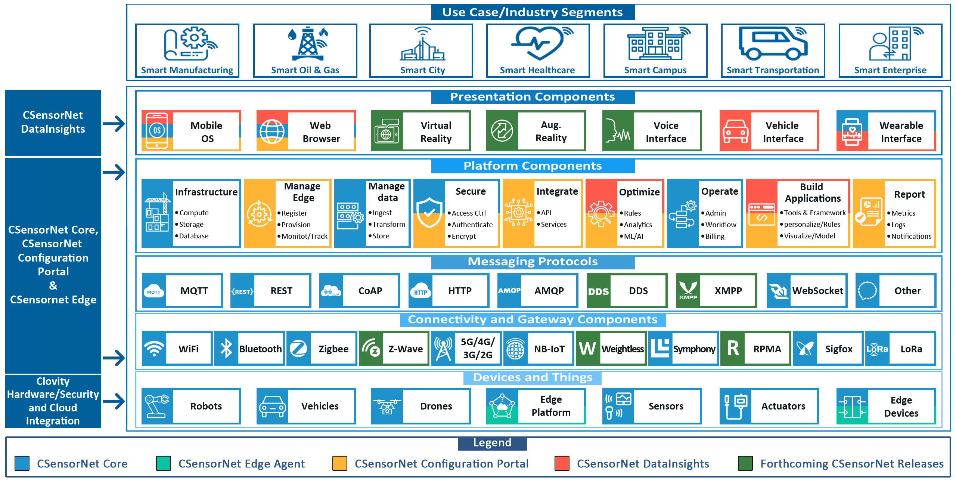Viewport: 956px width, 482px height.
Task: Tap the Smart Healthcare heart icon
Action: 538,43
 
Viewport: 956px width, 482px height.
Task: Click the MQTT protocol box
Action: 182,291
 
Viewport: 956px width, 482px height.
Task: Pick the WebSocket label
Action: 818,291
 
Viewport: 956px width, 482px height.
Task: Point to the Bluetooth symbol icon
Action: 226,349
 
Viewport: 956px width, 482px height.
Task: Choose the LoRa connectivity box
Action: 900,349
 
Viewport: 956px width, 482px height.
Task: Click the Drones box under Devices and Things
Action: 421,406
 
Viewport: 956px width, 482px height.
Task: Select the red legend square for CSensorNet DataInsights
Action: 562,463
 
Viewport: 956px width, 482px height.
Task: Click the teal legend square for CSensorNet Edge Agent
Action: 164,463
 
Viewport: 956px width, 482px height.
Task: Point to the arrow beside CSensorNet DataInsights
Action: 114,124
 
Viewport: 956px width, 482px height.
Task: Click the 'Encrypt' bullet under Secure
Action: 462,236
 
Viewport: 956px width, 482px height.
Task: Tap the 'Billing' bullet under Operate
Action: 713,236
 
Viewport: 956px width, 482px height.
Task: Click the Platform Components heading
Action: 533,166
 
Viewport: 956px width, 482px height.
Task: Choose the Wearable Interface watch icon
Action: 852,132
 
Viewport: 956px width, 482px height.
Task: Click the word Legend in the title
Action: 492,443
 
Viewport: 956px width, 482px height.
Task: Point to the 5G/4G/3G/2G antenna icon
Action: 443,349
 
